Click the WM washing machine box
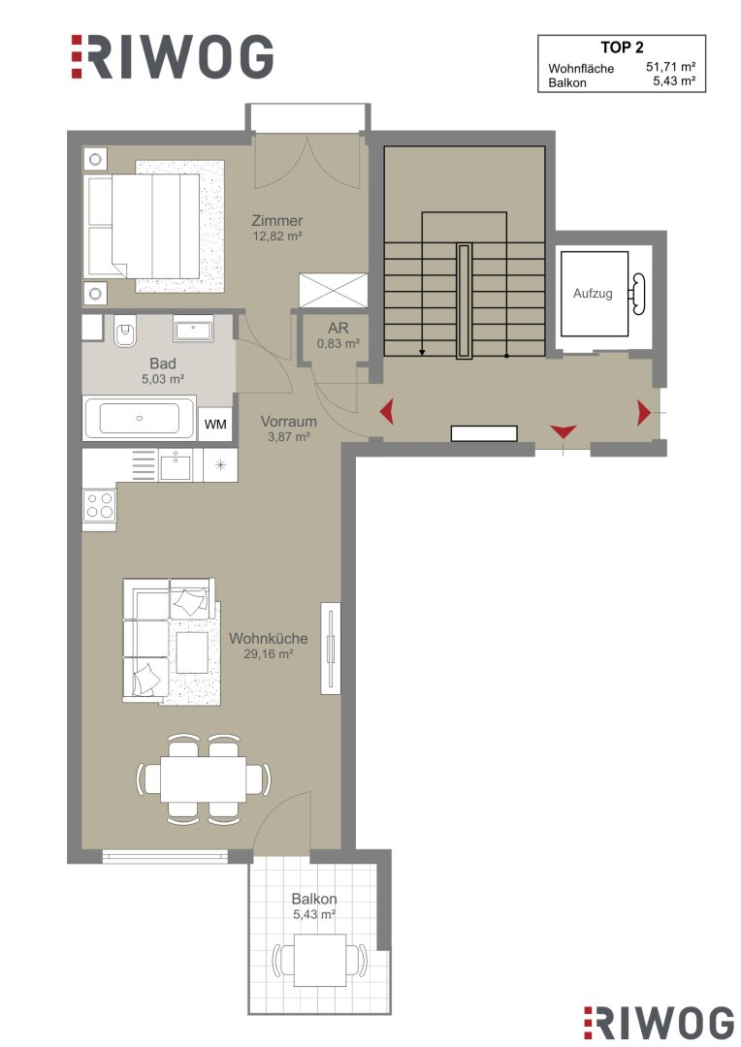(215, 424)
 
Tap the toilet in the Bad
(125, 331)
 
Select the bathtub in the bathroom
(139, 418)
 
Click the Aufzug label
(593, 293)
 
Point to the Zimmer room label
(277, 220)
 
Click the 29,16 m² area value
(269, 654)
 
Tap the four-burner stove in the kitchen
(100, 505)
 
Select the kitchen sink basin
(176, 464)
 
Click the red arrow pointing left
(386, 411)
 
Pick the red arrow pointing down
(564, 431)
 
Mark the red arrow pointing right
(643, 413)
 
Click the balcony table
(320, 960)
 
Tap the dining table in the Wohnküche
(203, 778)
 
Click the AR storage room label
(338, 329)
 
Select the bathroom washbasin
(194, 328)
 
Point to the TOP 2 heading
(622, 48)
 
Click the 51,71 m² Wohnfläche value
(671, 67)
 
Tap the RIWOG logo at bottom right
(659, 1023)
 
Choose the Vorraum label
(289, 422)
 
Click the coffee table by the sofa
(192, 651)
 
